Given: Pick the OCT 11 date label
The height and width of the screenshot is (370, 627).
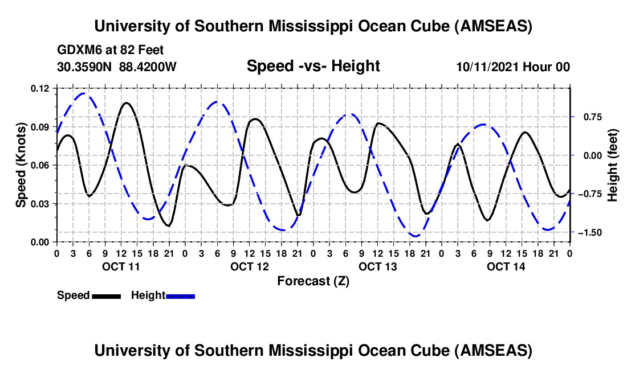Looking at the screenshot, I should pyautogui.click(x=120, y=266).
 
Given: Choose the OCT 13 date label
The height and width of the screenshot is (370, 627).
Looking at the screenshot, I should pyautogui.click(x=377, y=266).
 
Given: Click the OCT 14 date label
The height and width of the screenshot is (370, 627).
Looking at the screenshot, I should pyautogui.click(x=505, y=266).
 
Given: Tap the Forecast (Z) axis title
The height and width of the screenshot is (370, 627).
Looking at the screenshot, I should pyautogui.click(x=313, y=281).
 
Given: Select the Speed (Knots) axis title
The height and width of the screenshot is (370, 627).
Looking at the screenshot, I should pyautogui.click(x=21, y=165).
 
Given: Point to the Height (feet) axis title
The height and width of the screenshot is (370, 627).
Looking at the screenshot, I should pyautogui.click(x=613, y=165).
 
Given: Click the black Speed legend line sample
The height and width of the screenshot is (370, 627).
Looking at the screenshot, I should pyautogui.click(x=105, y=296).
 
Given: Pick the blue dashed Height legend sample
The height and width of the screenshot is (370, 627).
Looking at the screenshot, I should pyautogui.click(x=180, y=296).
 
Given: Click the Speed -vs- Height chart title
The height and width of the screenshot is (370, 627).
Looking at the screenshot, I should pyautogui.click(x=313, y=67).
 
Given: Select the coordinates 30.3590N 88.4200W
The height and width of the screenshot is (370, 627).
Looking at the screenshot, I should pyautogui.click(x=117, y=67).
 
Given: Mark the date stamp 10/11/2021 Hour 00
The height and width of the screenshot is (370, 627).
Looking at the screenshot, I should pyautogui.click(x=513, y=67).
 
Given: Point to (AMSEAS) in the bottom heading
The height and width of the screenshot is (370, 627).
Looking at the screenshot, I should pyautogui.click(x=494, y=351).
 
